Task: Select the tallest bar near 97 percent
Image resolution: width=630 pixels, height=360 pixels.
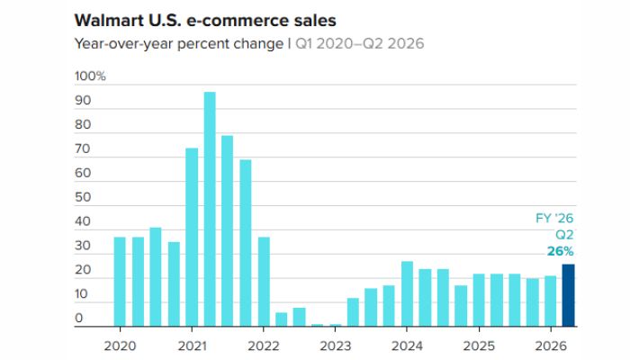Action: [210, 208]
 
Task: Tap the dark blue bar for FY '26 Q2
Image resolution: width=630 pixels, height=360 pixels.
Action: [568, 294]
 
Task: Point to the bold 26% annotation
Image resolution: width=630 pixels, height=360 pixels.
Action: [560, 251]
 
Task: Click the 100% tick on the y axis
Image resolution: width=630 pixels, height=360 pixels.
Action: [90, 76]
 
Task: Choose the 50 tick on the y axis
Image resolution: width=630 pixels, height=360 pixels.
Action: [82, 197]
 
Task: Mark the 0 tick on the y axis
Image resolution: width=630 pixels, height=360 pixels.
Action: [79, 319]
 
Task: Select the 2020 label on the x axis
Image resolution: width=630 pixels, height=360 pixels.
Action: [120, 345]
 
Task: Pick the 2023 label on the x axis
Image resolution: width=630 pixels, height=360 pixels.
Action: [335, 345]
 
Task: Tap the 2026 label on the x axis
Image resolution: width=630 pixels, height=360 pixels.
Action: [551, 345]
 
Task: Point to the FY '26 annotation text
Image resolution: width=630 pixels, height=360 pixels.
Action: [555, 218]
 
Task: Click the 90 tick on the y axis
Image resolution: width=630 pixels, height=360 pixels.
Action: [82, 101]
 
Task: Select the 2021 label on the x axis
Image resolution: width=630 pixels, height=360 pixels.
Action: [192, 345]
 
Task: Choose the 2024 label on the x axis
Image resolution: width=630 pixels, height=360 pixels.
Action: [407, 345]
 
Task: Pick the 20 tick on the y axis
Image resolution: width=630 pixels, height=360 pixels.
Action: [82, 270]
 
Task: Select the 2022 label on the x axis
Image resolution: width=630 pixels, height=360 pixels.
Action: [264, 345]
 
